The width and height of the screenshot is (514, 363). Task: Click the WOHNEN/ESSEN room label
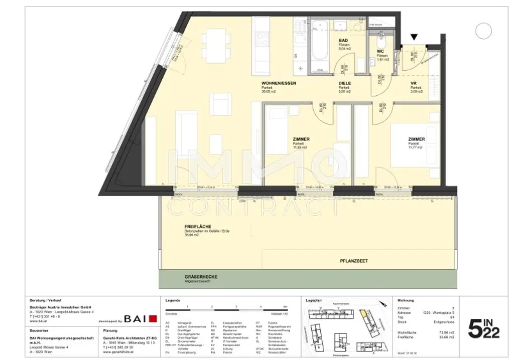[282, 83]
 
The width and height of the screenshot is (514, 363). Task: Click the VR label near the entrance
[413, 83]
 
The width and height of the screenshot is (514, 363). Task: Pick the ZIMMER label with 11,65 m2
[301, 139]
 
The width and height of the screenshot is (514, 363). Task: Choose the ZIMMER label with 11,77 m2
[417, 139]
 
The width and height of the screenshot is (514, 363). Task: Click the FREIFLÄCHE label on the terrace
[198, 226]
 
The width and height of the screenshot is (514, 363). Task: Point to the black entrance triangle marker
[414, 37]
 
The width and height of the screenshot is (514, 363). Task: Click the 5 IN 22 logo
[483, 328]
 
